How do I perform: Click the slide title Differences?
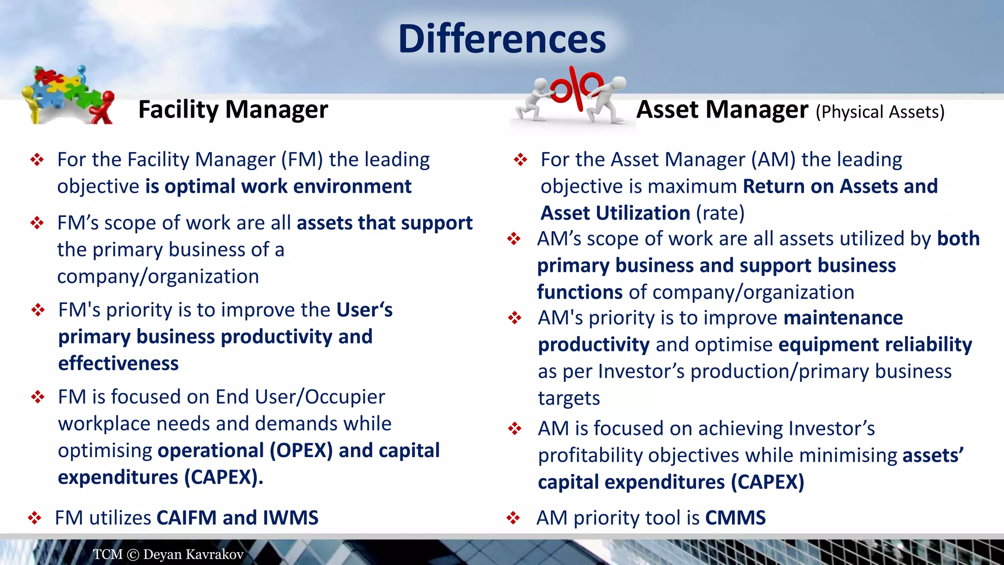502,39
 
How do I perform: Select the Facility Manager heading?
233,109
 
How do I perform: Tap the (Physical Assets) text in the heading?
879,112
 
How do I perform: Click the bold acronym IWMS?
290,518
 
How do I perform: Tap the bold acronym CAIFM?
186,518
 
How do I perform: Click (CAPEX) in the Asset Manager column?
767,482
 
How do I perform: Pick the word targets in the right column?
569,398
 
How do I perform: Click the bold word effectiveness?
118,363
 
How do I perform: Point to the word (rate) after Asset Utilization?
720,213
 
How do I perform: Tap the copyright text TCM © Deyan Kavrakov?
168,554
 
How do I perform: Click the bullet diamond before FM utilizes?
34,518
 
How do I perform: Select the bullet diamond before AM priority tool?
513,518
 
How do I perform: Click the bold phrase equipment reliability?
875,345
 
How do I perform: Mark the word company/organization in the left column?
158,277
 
